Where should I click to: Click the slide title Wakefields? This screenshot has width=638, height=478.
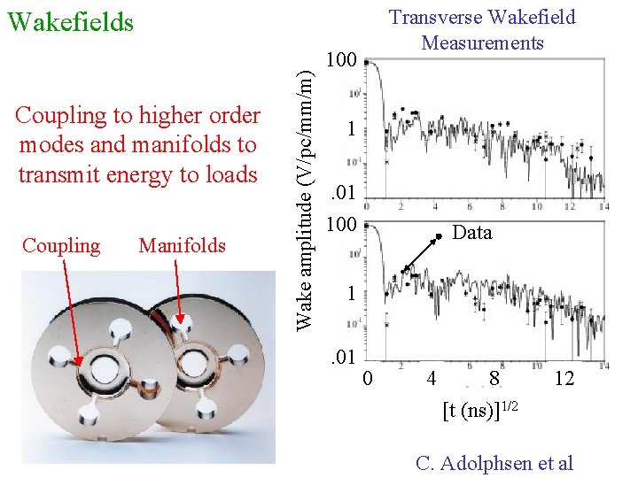[x=70, y=21]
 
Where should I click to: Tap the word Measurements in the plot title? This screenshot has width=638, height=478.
[x=482, y=42]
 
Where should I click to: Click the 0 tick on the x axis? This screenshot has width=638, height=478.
[x=370, y=379]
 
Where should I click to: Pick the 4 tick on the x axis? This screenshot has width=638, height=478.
[x=431, y=379]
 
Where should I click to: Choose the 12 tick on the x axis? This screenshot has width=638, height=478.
[x=564, y=379]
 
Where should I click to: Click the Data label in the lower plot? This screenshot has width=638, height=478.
[x=472, y=233]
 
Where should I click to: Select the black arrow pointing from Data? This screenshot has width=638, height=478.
[x=422, y=253]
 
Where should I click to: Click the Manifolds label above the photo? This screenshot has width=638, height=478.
[x=182, y=245]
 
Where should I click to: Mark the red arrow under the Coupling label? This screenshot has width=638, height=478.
[x=71, y=310]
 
